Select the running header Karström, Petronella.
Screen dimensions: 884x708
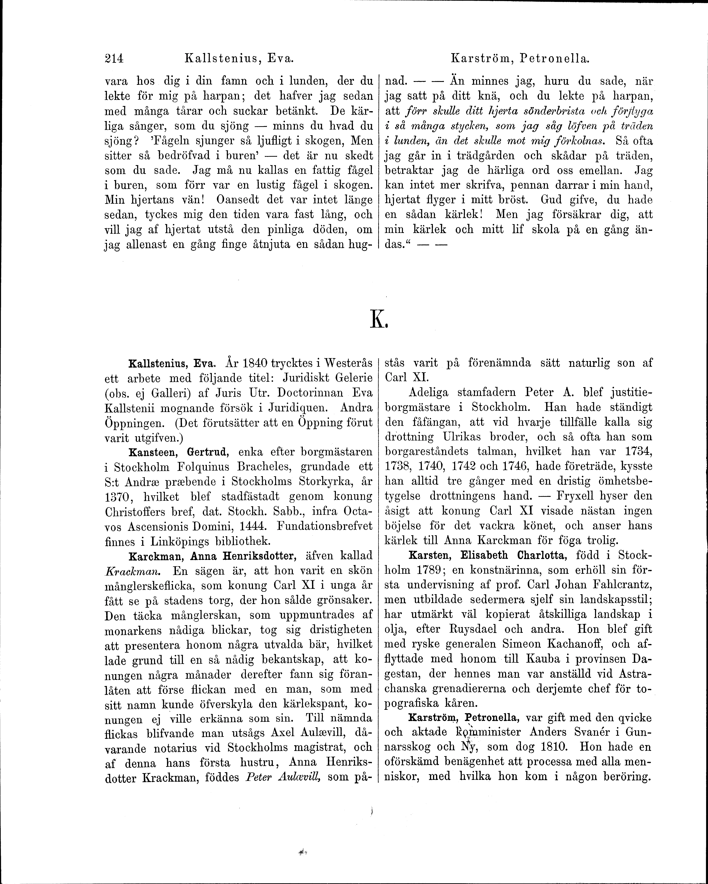point(520,59)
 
